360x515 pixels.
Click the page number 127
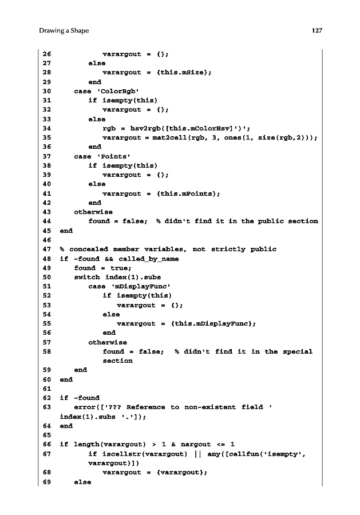(317, 31)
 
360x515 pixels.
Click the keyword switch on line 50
(87, 277)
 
